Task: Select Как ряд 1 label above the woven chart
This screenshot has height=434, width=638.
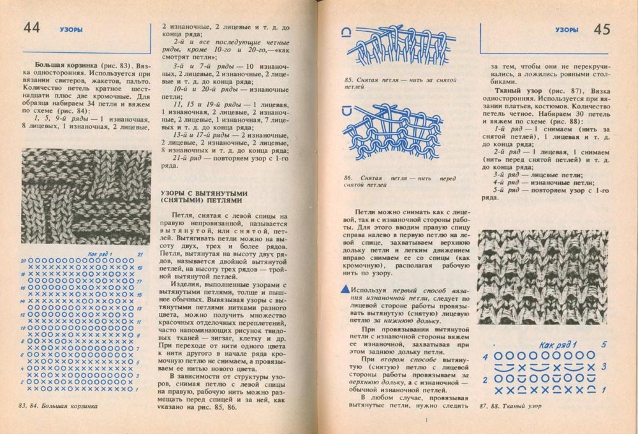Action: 558,345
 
